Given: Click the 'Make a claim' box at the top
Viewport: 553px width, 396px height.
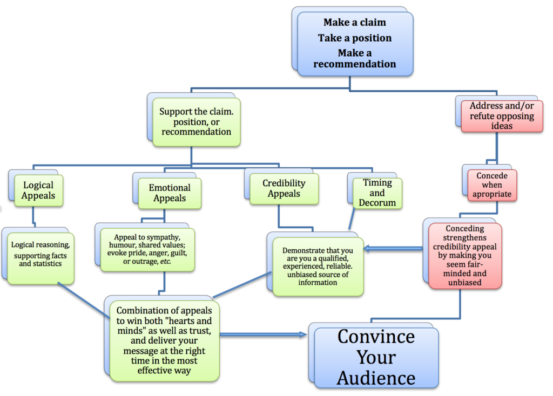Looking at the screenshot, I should point(355,43).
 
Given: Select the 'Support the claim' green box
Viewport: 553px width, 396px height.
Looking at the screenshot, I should point(195,122).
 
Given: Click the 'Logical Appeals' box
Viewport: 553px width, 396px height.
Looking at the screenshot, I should point(38,190).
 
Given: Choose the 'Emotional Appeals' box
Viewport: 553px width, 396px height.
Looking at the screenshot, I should point(170,193).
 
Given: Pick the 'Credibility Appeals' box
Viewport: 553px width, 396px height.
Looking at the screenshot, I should point(284,189).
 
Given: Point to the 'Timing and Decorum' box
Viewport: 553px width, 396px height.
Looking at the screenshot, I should point(377,193).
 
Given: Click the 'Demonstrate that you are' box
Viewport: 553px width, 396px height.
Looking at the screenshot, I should point(318,265).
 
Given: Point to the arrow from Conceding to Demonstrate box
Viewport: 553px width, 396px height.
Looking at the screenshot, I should point(393,249).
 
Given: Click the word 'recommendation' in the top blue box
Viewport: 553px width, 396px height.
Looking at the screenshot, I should point(355,64).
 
